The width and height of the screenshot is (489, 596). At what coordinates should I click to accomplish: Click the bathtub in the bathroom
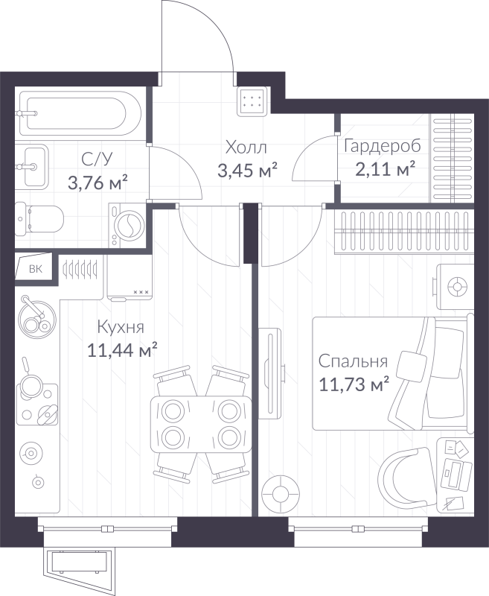(80, 113)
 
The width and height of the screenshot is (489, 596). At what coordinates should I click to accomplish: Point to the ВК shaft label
(35, 270)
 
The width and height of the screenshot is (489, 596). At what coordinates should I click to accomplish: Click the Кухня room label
(121, 327)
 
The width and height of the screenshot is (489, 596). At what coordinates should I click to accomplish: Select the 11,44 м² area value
(122, 349)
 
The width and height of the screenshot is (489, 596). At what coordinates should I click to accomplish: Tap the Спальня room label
(353, 361)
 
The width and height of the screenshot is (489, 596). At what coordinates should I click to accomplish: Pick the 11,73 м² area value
(354, 384)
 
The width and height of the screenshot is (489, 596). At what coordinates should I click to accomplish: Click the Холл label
(246, 147)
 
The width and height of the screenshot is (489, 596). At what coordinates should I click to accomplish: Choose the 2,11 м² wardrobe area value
(385, 169)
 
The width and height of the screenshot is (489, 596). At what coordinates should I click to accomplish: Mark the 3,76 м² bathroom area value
(98, 183)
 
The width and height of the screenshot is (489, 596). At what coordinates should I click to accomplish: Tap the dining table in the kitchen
(201, 423)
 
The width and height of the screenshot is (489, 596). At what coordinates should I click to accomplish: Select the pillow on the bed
(411, 364)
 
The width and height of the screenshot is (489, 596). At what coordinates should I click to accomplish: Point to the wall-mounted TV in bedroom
(271, 372)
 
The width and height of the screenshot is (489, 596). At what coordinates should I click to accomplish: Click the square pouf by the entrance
(253, 101)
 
